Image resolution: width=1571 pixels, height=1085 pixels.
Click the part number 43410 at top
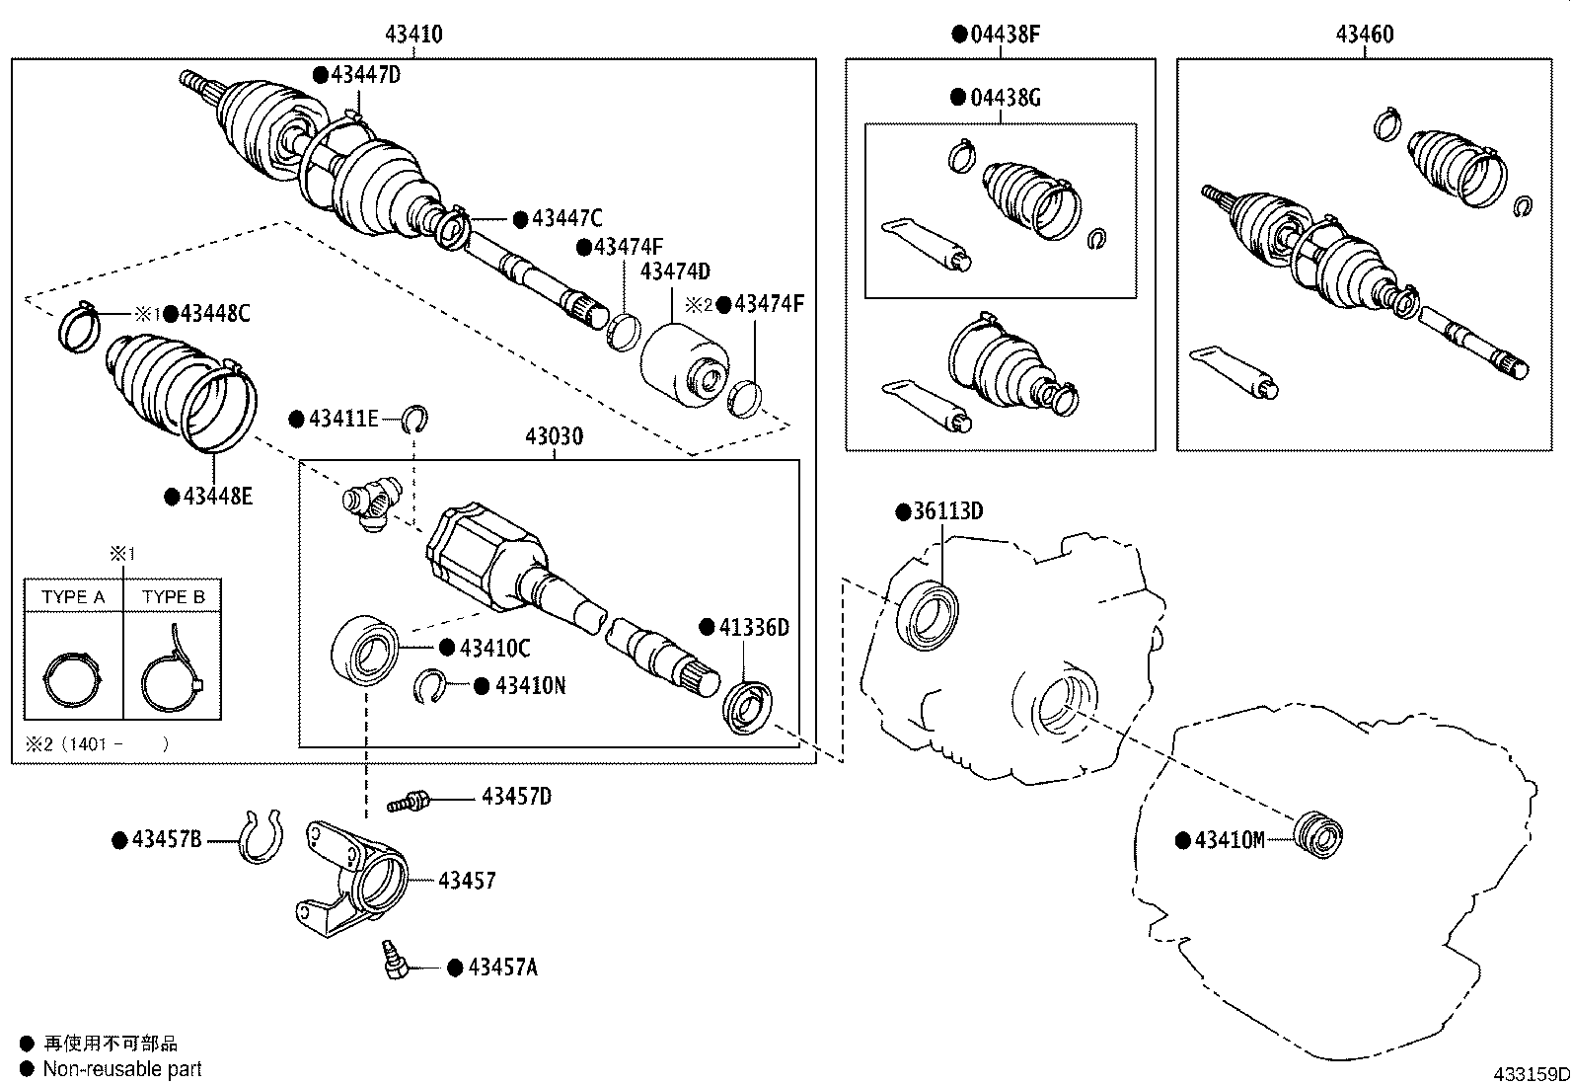[413, 35]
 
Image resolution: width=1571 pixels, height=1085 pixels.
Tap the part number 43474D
[675, 271]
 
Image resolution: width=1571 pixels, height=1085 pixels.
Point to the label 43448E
[217, 497]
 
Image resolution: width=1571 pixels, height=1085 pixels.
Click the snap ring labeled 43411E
[417, 420]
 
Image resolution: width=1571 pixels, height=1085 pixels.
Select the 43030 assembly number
[554, 436]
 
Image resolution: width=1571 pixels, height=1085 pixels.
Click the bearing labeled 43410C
[366, 650]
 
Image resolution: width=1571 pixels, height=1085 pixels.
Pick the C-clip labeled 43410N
[429, 687]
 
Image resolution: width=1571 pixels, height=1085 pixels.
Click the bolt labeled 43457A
[395, 962]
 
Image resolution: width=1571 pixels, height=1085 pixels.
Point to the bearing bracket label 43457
[467, 880]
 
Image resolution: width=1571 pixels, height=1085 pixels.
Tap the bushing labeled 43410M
[1319, 834]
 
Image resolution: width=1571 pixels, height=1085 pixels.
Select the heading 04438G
[1006, 98]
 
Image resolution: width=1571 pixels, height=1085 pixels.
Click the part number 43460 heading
[1365, 35]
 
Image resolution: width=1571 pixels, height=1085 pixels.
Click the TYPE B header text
[173, 596]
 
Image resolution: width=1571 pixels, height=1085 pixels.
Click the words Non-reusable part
[122, 1068]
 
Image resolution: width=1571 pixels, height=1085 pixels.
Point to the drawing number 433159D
[1530, 1074]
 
